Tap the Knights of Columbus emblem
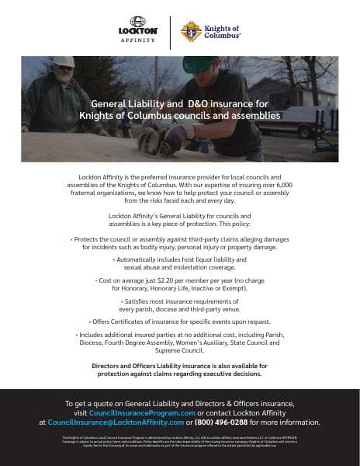190,32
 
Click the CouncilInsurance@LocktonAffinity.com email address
115,423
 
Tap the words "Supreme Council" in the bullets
179,349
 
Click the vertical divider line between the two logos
170,32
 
